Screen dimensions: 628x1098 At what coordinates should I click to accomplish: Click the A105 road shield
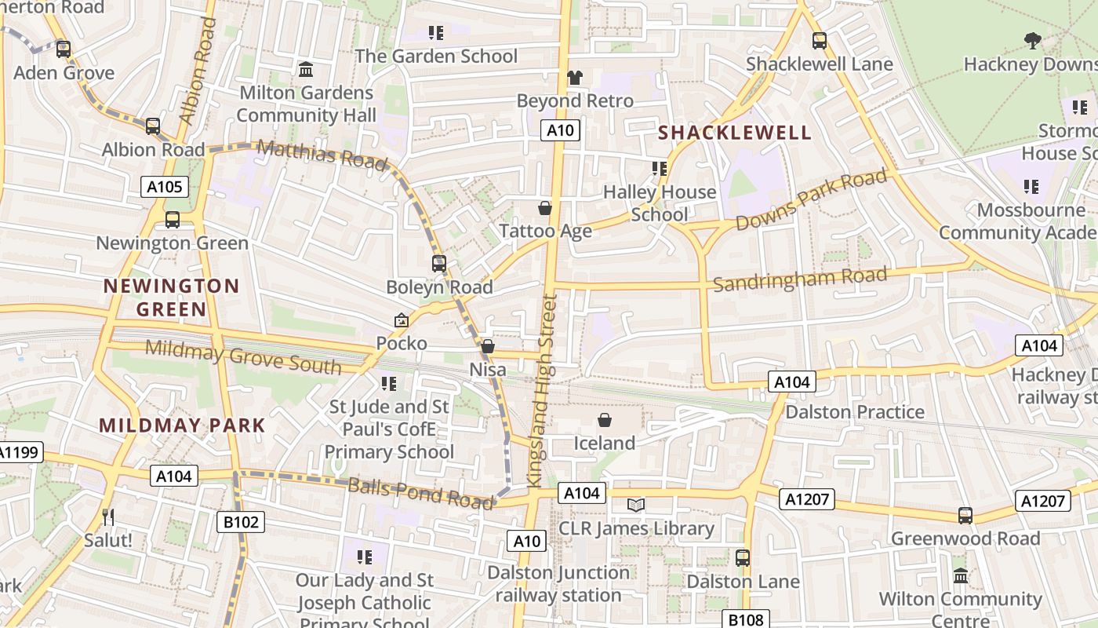(165, 187)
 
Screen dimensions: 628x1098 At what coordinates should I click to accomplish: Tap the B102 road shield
(241, 522)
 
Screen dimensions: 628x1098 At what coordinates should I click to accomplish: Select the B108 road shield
(745, 620)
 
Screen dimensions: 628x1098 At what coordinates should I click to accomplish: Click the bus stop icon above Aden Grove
(64, 49)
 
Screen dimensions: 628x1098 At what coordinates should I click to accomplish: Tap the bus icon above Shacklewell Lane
(820, 40)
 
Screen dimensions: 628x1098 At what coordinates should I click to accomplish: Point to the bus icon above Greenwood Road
(965, 516)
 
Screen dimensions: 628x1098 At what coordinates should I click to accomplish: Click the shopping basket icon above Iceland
(605, 421)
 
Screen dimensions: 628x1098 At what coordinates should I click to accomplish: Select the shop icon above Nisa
(488, 346)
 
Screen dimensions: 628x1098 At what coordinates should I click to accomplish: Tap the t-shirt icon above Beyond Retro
(575, 78)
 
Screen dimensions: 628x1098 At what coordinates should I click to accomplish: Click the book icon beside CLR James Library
(636, 505)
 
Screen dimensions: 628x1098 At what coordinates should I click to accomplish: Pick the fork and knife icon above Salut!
(108, 517)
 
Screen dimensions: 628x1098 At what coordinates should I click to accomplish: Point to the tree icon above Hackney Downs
(1033, 40)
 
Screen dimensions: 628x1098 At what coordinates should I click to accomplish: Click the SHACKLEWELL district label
(734, 132)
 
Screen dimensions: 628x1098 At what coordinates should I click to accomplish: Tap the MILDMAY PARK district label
(182, 425)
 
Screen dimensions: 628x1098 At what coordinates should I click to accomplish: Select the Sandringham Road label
(800, 279)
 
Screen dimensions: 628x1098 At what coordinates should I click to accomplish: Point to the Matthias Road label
(322, 154)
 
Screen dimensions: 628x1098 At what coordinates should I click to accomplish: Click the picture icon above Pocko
(402, 320)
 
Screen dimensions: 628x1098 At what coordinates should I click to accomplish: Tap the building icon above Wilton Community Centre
(961, 576)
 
